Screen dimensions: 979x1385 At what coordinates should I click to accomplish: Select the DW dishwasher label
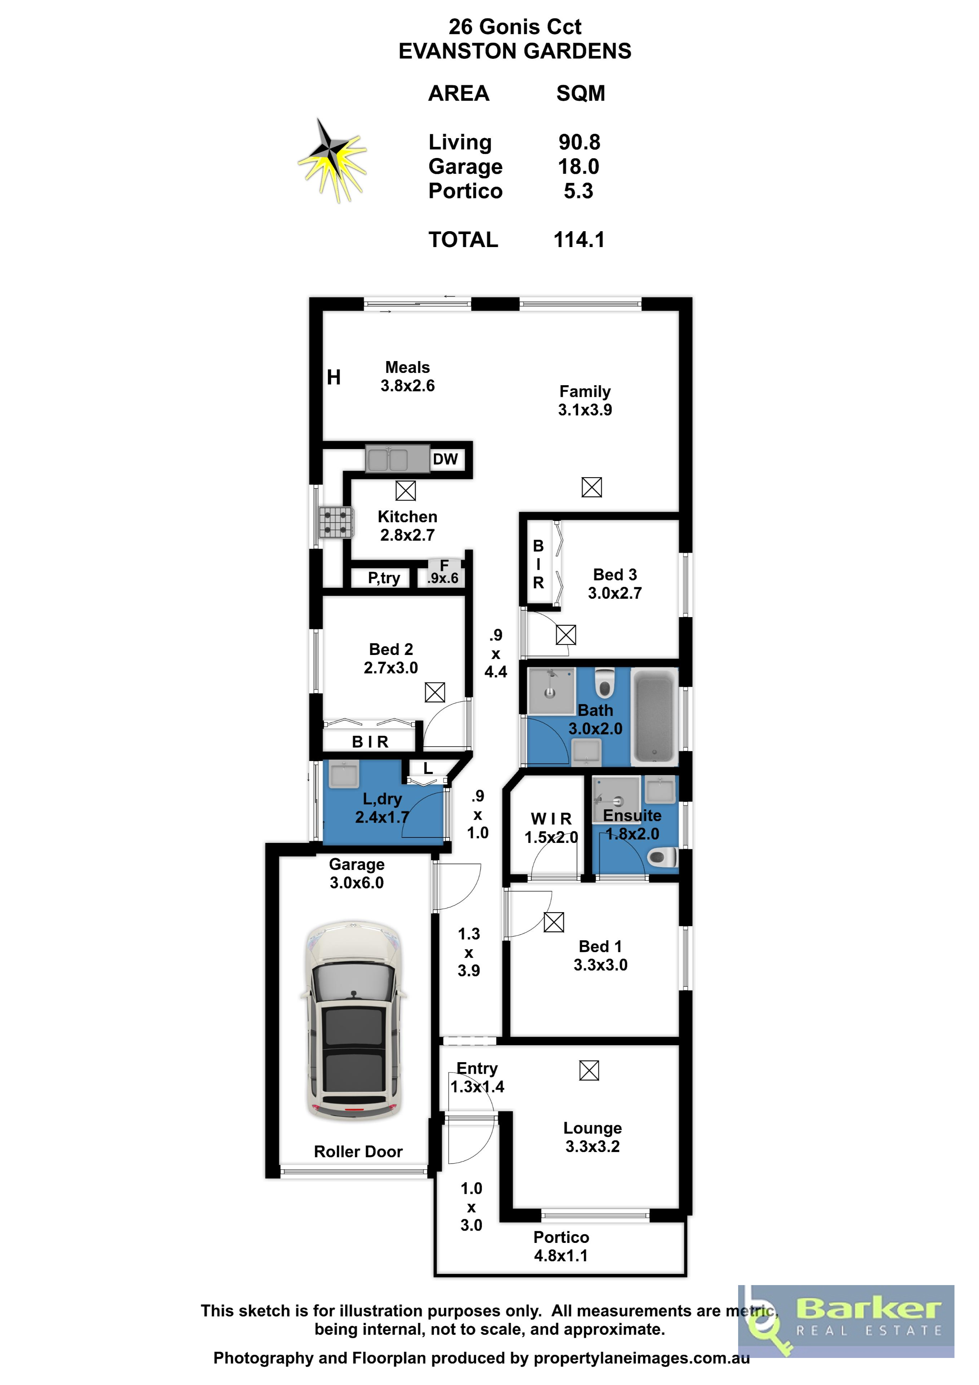[445, 459]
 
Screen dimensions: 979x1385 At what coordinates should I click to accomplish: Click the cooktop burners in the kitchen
[336, 522]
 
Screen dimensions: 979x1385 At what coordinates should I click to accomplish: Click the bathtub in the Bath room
[654, 717]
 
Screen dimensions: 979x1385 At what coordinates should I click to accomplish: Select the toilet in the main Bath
[604, 683]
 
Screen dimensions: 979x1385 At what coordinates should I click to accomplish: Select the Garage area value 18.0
[578, 167]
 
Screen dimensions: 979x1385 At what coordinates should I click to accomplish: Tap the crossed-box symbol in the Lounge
[589, 1071]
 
